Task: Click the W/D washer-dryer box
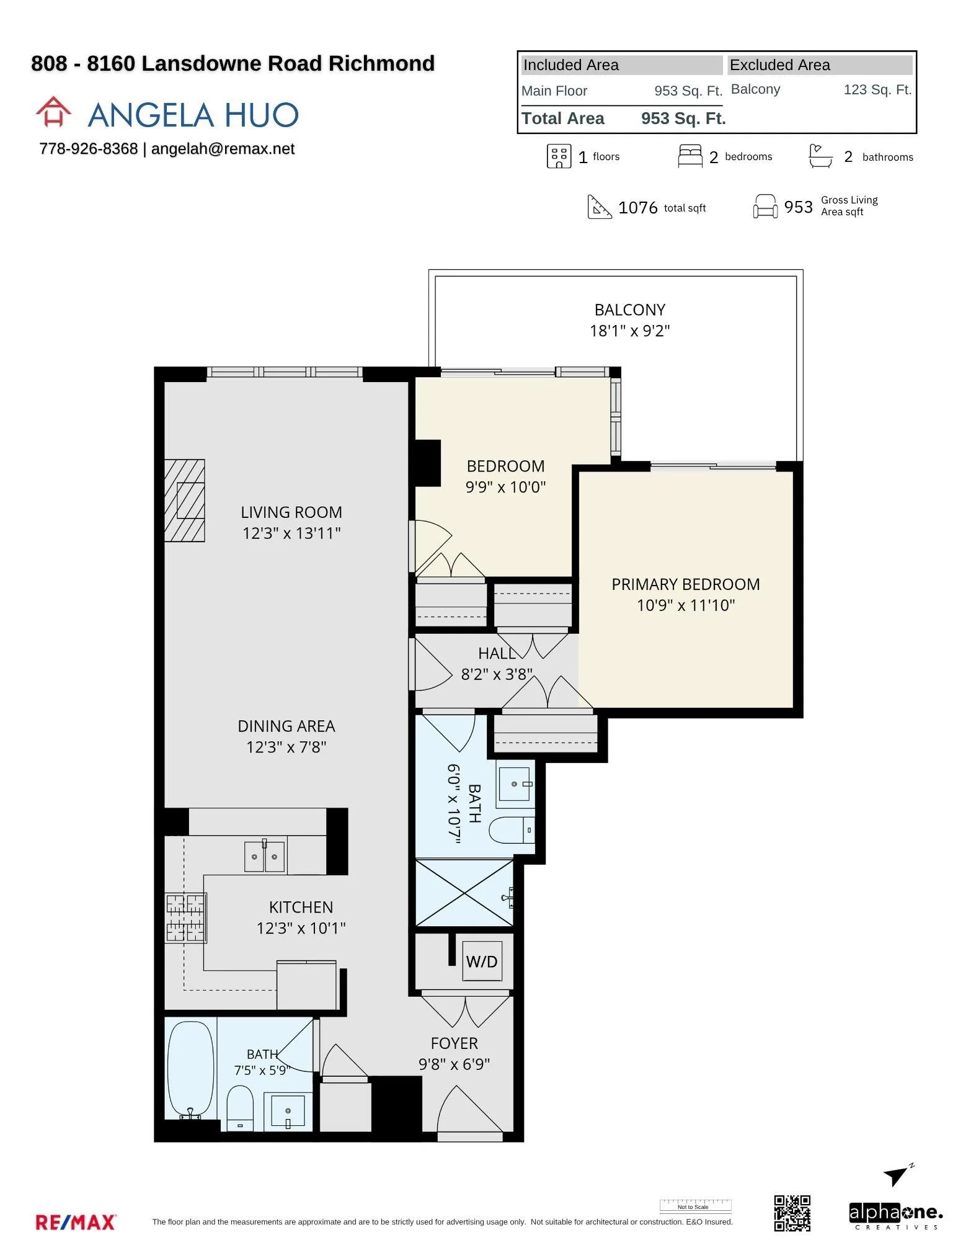482,961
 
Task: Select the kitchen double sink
265,857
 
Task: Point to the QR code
792,1213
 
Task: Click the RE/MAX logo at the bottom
76,1222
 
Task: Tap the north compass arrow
897,1174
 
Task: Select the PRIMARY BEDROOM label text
686,584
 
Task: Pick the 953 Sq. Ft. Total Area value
683,118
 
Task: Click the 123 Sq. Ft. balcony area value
877,89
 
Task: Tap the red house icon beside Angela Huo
53,112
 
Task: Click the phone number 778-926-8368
88,149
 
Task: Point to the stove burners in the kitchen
185,918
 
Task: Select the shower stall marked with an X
464,893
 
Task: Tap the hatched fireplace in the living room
185,501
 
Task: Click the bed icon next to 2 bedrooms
690,156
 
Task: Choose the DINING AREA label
286,726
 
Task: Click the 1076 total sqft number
637,207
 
